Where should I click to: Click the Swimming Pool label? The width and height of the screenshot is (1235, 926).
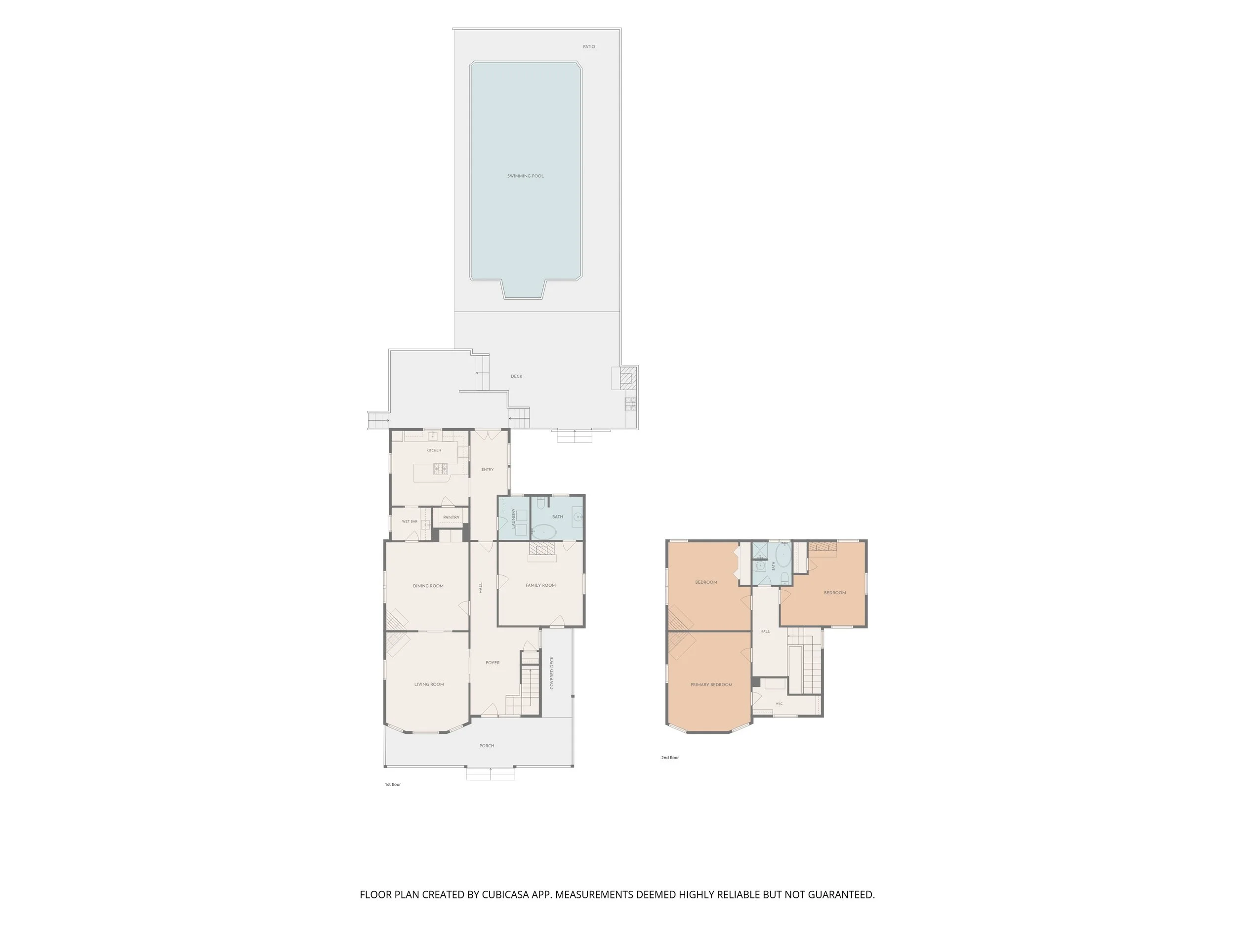[526, 176]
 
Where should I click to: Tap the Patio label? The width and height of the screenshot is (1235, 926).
[589, 47]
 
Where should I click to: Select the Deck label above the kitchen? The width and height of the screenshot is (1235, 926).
[516, 377]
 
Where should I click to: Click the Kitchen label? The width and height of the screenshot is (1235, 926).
[434, 450]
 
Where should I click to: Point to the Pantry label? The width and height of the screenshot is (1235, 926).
[451, 518]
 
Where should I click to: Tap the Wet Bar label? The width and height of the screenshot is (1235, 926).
[410, 522]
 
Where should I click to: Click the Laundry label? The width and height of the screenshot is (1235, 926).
[514, 519]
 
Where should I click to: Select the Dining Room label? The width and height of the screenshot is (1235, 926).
[428, 586]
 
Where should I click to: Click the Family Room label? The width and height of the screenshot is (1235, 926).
[540, 586]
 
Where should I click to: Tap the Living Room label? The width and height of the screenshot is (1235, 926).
[429, 684]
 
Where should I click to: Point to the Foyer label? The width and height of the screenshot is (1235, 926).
[493, 663]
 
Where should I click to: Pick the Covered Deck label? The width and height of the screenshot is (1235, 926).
[552, 673]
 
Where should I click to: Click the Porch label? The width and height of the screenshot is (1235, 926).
[487, 746]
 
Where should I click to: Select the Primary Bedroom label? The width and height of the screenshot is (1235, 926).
[711, 685]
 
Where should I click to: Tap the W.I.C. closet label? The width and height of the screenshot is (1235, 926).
[779, 704]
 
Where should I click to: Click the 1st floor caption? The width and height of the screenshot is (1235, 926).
[393, 785]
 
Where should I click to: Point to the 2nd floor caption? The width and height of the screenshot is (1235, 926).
[670, 758]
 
